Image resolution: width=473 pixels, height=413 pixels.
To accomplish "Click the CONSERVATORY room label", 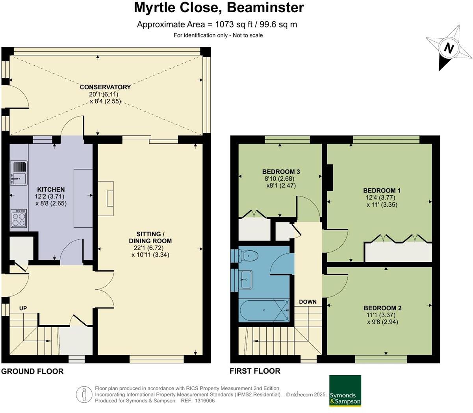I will click(105, 87).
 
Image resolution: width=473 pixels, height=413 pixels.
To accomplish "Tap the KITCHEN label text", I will click(51, 189).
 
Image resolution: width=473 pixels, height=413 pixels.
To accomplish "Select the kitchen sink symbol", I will click(19, 173).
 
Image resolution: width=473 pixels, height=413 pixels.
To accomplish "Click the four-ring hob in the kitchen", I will click(19, 218).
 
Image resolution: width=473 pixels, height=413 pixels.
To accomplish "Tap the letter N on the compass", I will click(449, 48).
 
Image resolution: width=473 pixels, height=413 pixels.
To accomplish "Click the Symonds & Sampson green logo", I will click(345, 391).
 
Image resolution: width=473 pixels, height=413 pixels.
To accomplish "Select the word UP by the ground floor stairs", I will click(23, 308).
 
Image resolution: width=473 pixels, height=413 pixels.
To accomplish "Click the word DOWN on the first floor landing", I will click(308, 302).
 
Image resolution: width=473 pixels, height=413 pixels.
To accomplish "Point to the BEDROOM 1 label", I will click(379, 191).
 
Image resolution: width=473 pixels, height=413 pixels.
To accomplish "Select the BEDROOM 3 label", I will click(281, 172).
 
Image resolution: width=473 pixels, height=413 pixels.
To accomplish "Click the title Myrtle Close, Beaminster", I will click(219, 7).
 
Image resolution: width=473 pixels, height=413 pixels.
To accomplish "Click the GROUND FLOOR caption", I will click(32, 371).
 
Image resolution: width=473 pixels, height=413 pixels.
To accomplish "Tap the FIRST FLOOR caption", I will click(255, 371).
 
